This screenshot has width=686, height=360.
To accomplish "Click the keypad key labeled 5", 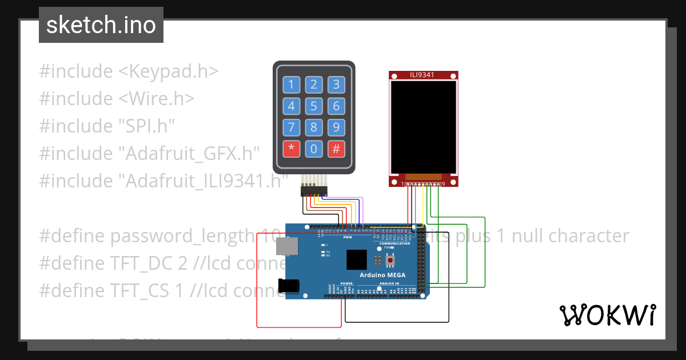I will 313,106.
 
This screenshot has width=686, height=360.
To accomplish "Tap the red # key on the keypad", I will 336,149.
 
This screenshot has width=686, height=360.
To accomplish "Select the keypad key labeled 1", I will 291,85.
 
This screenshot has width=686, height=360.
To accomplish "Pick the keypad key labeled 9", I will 336,127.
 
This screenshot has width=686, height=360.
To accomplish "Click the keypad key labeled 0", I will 313,149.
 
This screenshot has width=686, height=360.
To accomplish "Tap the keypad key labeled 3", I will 336,85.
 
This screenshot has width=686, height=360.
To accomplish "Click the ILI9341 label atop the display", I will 424,75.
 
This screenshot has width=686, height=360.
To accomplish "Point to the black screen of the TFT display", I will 424,127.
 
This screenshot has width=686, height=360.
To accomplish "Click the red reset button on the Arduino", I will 390,261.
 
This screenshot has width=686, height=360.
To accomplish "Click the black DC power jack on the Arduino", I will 288,285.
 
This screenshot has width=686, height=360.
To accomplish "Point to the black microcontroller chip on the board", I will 357,259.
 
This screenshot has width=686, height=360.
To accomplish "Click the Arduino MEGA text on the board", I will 382,275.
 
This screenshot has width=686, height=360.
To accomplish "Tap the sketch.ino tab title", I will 101,25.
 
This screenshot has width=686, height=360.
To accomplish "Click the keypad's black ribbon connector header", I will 313,191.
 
